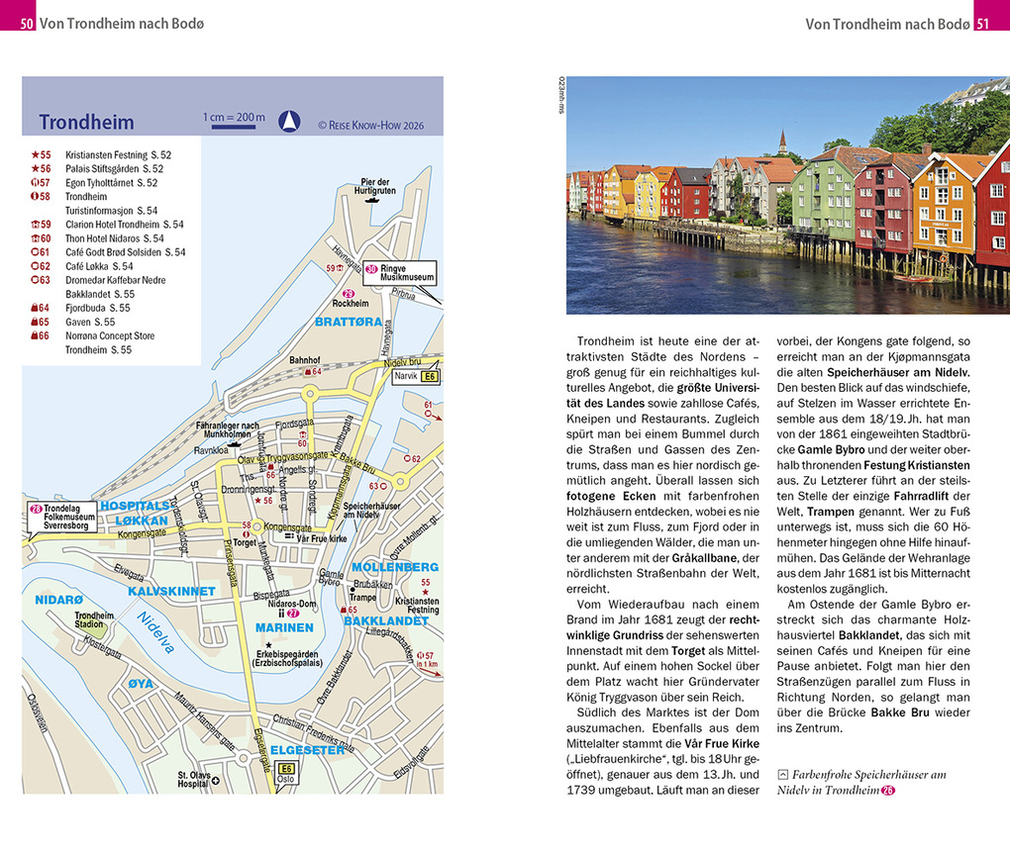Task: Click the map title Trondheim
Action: point(86,123)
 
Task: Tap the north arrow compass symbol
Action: point(288,121)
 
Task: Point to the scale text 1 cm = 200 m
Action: point(235,118)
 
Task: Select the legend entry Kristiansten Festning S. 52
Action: point(117,155)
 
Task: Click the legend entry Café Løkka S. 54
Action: point(98,266)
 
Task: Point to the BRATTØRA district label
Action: point(342,323)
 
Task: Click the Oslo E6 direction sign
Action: point(286,773)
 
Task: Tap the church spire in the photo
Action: point(781,141)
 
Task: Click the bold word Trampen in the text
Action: point(829,512)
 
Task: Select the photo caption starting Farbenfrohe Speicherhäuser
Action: point(861,782)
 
